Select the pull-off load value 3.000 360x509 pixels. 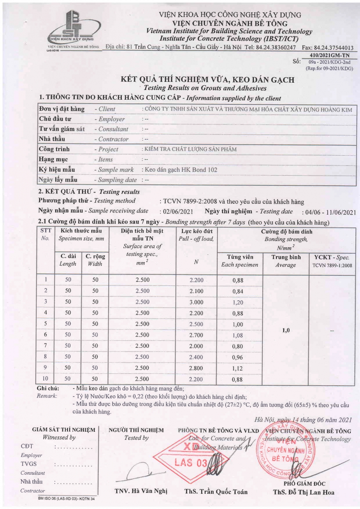click(x=196, y=302)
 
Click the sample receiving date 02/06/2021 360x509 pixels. click(x=177, y=212)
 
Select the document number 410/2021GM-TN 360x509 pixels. click(x=329, y=55)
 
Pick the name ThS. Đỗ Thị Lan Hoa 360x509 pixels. click(x=304, y=492)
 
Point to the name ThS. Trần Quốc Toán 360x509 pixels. click(x=216, y=492)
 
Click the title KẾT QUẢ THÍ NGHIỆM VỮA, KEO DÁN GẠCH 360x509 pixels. click(x=208, y=80)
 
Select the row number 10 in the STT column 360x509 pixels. click(x=45, y=379)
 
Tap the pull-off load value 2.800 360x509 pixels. click(x=196, y=368)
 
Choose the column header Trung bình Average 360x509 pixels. click(x=286, y=261)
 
